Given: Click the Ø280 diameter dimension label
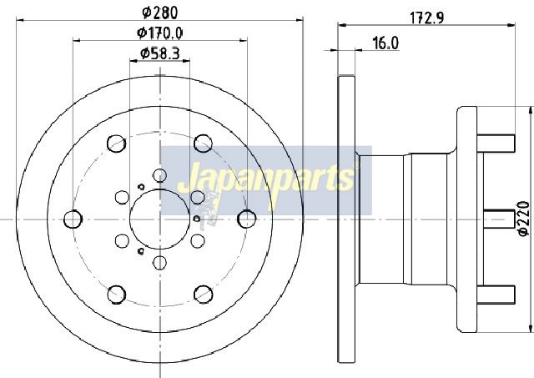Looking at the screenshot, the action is pos(160,13).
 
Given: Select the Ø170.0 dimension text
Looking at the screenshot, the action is pos(160,33).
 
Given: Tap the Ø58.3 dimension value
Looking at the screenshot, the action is pos(160,53).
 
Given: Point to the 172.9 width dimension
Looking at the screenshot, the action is pos(426,18).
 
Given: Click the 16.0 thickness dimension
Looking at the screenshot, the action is pos(385,43).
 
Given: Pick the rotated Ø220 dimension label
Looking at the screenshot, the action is pos(523,219).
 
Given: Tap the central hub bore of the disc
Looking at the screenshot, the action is pos(159,219).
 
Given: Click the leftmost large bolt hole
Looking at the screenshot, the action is pos(73,219).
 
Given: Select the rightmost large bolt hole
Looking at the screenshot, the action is pos(247,219).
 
